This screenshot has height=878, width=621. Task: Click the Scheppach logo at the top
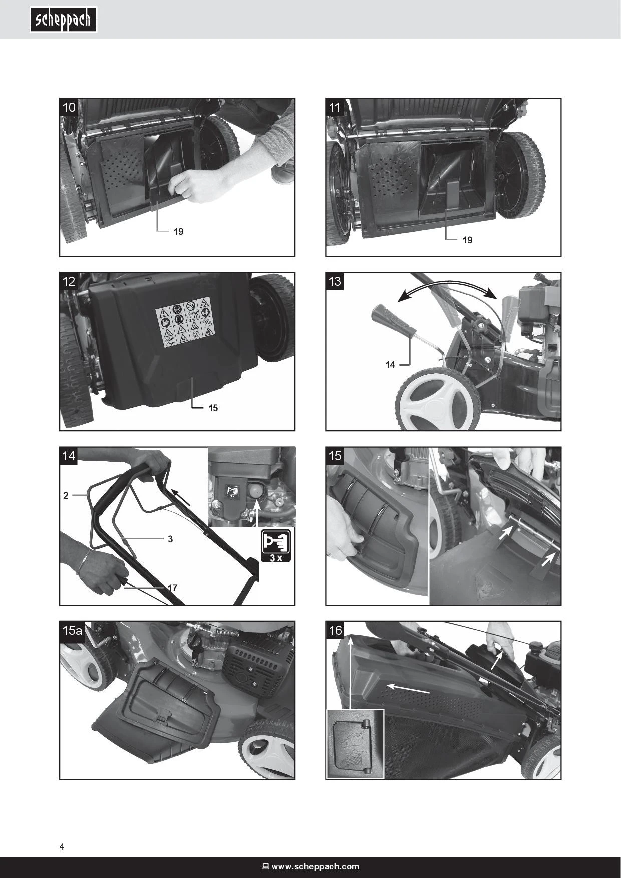point(63,20)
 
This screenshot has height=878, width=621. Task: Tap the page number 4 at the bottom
point(62,847)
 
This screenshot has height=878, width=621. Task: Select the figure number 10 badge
point(69,107)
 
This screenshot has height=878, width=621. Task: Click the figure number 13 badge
point(335,281)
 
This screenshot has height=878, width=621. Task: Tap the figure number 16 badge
point(335,630)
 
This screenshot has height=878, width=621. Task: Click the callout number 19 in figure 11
point(467,240)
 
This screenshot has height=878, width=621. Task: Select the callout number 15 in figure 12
point(213,408)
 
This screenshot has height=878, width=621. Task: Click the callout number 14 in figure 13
point(390,365)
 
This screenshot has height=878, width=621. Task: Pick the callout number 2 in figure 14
point(66,496)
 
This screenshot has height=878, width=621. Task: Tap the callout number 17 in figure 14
point(173,588)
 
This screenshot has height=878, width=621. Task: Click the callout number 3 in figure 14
point(170,539)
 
